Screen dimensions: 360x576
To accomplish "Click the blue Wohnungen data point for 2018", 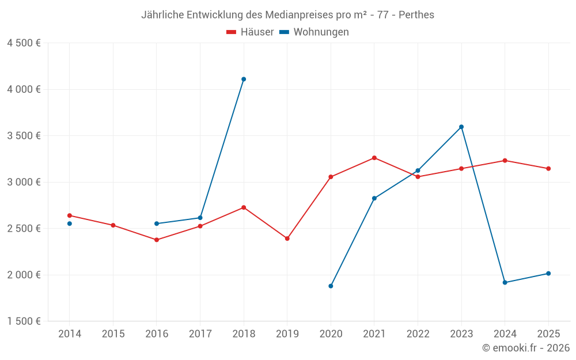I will click(244, 79).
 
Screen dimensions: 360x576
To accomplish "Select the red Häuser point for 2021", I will click(374, 158).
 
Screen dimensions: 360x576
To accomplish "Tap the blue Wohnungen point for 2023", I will click(461, 127).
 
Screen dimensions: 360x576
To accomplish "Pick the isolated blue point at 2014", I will click(70, 223).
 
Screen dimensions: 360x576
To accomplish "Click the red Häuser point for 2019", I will click(287, 238).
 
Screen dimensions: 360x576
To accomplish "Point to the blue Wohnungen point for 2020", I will click(331, 286).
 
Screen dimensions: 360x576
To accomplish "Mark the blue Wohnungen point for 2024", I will click(505, 282).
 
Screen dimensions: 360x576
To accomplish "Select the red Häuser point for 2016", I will click(157, 240).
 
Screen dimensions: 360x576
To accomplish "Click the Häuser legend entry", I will click(250, 32).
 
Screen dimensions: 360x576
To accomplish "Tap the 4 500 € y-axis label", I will click(24, 43).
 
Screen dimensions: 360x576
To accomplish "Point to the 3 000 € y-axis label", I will click(24, 182).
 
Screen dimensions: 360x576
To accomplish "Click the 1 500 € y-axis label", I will click(24, 321).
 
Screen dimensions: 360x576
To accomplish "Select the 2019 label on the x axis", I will click(287, 334).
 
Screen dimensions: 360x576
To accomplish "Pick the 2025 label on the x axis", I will click(548, 334).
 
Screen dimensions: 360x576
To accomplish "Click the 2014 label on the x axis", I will click(70, 334).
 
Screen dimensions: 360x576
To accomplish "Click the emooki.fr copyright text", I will click(526, 348).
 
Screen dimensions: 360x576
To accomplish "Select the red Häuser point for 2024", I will click(505, 161).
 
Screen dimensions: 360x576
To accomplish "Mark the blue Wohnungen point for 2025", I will click(548, 274).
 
